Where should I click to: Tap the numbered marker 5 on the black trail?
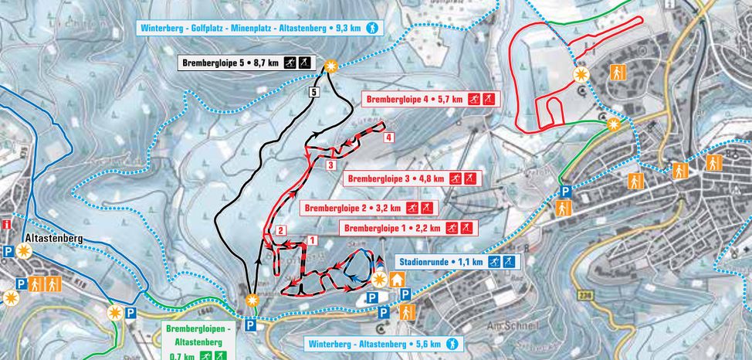[x=313, y=93]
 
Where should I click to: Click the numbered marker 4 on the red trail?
[x=389, y=138]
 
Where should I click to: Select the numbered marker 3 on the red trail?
[x=330, y=165]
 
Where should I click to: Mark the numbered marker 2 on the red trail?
[x=281, y=230]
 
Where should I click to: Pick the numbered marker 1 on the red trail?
[x=312, y=240]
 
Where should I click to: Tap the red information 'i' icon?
[x=6, y=225]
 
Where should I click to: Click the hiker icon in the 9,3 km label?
[x=373, y=29]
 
